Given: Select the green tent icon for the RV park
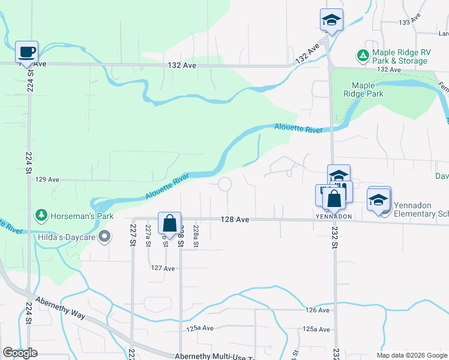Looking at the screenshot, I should [x=363, y=56].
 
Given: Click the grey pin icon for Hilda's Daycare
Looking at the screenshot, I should [x=104, y=236].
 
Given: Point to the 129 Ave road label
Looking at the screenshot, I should [x=48, y=179].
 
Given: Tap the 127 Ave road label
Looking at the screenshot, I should [x=163, y=268].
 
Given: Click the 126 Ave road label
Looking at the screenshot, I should [x=318, y=310].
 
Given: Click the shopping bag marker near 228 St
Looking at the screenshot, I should [x=170, y=224].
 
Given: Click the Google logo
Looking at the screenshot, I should [x=20, y=353].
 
